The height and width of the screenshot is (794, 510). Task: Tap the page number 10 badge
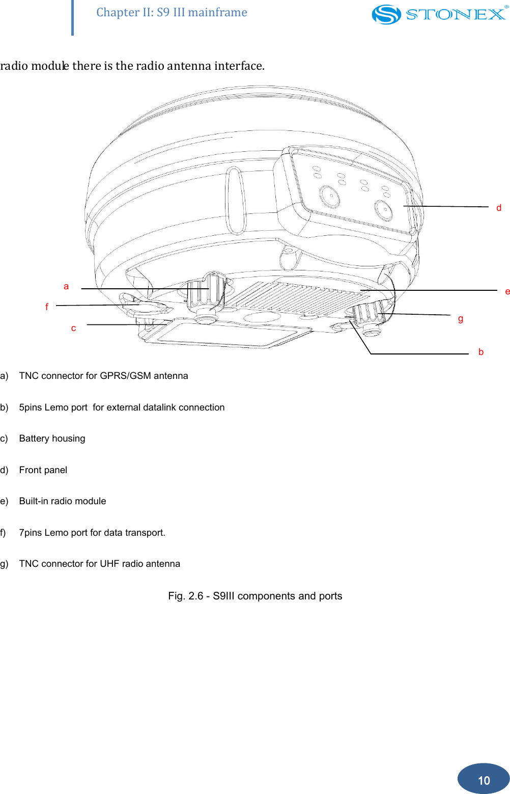pyautogui.click(x=484, y=780)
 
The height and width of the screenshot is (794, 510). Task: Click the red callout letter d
pyautogui.click(x=499, y=208)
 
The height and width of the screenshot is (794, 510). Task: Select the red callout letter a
pyautogui.click(x=66, y=287)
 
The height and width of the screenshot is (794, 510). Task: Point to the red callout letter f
pyautogui.click(x=47, y=307)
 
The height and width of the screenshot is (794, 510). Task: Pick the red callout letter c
pyautogui.click(x=74, y=328)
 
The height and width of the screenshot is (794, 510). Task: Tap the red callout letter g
pyautogui.click(x=461, y=319)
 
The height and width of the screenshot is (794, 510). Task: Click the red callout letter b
pyautogui.click(x=481, y=352)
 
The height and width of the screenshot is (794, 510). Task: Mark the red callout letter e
pyautogui.click(x=507, y=292)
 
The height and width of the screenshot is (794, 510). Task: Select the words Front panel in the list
pyautogui.click(x=43, y=470)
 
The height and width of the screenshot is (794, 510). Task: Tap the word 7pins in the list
pyautogui.click(x=30, y=533)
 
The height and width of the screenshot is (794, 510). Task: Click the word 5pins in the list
pyautogui.click(x=30, y=407)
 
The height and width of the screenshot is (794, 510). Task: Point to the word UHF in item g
pyautogui.click(x=109, y=564)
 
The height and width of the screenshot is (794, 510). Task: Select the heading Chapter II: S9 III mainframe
pyautogui.click(x=172, y=12)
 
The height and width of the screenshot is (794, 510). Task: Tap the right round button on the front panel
pyautogui.click(x=383, y=210)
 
